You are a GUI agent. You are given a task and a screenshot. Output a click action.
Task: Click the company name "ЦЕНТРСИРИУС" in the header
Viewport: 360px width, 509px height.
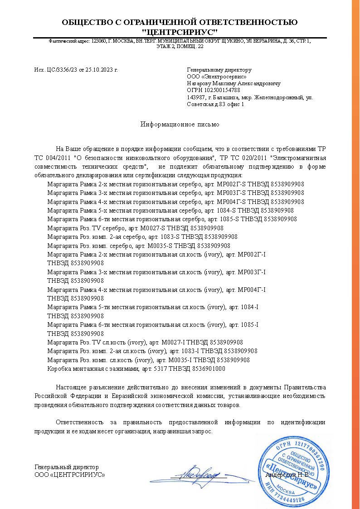180,32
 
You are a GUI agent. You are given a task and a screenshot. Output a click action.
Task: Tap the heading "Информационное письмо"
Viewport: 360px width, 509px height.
180,124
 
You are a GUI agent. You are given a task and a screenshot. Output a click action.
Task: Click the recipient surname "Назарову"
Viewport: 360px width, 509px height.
198,83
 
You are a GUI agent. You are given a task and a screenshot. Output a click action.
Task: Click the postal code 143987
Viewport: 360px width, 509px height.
195,97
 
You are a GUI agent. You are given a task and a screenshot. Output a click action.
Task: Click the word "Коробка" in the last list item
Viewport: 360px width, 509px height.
58,368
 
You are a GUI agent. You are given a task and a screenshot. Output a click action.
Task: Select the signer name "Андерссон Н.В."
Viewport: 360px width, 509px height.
287,475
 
